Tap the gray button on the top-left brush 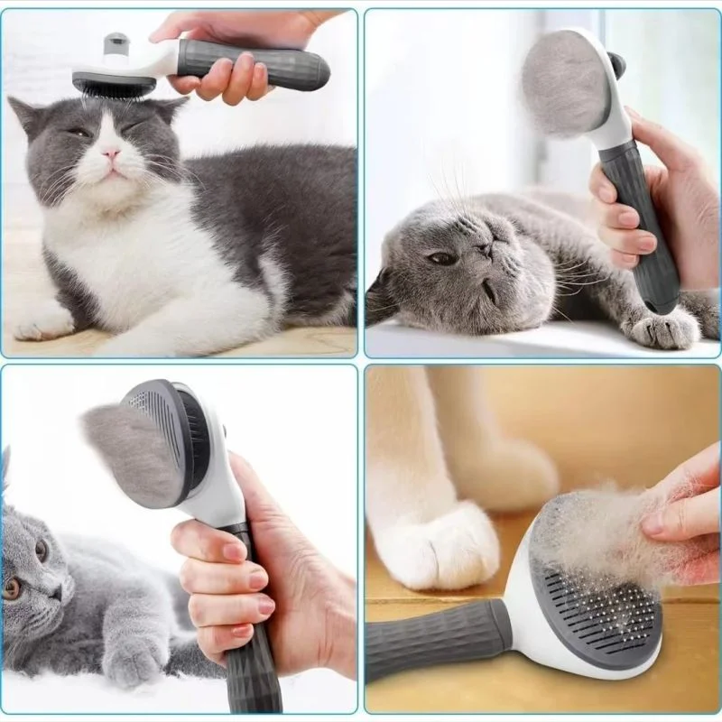click(x=115, y=42)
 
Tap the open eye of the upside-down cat click(x=441, y=258)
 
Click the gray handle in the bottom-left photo click(x=253, y=659)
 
